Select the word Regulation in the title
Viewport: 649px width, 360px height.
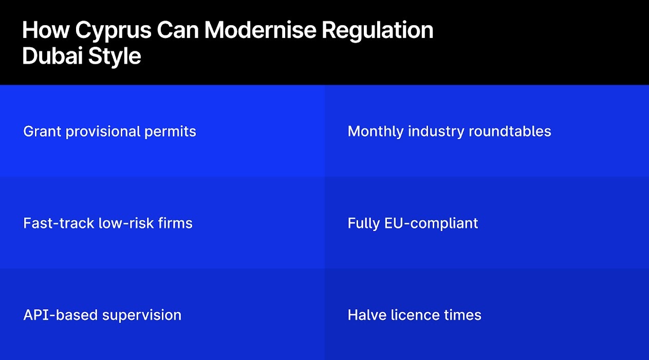[378, 31]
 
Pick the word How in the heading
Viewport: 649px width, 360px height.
[45, 31]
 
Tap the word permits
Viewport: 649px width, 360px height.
[170, 131]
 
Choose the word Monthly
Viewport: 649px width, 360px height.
[376, 131]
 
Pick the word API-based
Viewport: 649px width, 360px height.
[61, 315]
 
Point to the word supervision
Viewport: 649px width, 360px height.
[142, 315]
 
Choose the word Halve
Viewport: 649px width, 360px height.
[364, 315]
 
